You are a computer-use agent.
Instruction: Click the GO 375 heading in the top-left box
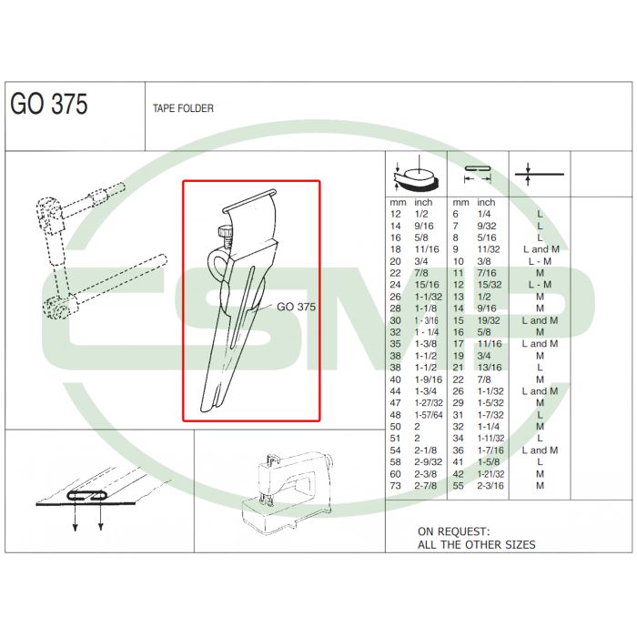coord(49,104)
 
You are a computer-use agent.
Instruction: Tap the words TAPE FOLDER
coord(183,108)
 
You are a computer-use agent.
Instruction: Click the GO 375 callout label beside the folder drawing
coord(296,307)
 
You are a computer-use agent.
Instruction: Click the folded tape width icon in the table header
coord(478,174)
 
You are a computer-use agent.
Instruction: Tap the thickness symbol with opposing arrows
coord(539,175)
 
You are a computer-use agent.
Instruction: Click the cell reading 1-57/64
coord(429,415)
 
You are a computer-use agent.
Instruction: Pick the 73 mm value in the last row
coord(395,485)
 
